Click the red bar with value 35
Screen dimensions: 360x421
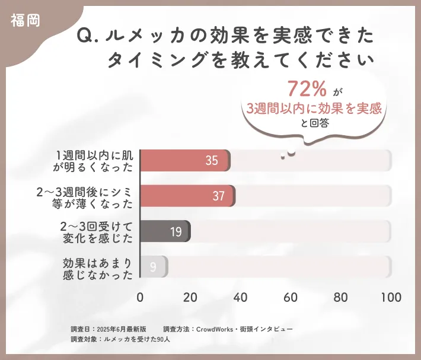pos(185,161)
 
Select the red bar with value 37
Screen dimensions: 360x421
pos(187,196)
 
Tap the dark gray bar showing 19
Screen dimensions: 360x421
pos(165,231)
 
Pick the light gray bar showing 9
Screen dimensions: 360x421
pos(154,267)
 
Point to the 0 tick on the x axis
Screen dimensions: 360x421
pos(140,297)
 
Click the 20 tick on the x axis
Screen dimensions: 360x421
pos(190,297)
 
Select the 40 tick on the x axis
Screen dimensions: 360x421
pos(240,297)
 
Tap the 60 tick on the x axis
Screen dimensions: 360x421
pos(291,297)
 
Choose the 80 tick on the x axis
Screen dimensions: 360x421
pos(340,297)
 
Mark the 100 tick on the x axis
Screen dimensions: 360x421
pos(391,297)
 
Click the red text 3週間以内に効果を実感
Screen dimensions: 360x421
pos(312,108)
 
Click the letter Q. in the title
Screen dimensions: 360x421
pos(88,36)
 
